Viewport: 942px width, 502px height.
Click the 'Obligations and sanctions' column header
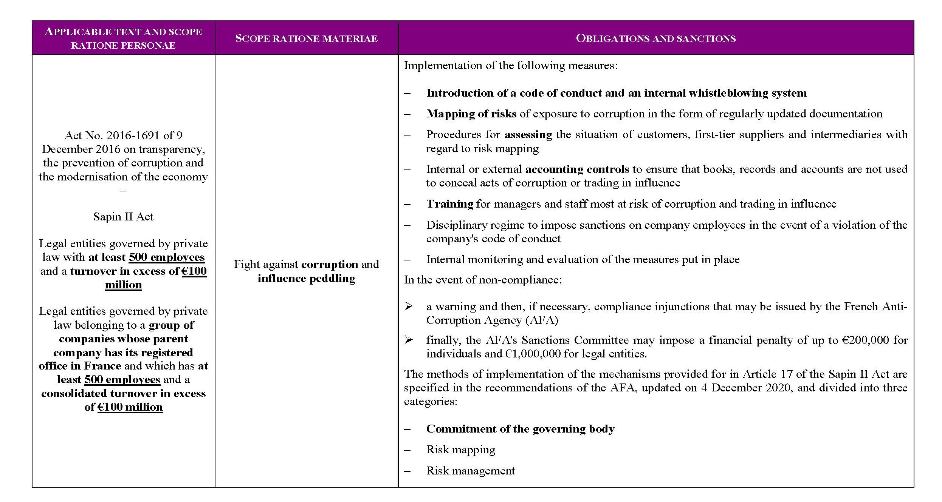pos(655,38)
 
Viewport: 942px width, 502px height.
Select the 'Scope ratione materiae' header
pos(306,38)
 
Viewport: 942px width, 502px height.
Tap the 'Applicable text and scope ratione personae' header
pos(123,38)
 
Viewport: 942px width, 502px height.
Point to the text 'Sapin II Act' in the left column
pos(123,217)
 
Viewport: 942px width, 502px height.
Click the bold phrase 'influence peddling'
pos(306,279)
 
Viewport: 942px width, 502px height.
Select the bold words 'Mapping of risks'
pos(471,114)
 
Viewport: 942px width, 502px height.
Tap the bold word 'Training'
pos(449,204)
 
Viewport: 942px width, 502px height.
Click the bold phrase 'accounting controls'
pos(577,169)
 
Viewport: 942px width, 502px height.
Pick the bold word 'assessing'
pos(528,135)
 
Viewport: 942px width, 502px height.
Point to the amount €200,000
pos(865,340)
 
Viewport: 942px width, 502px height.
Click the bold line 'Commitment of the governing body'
pos(520,429)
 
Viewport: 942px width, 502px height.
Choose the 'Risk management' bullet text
pos(470,471)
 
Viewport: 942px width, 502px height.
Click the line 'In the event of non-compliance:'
pos(482,280)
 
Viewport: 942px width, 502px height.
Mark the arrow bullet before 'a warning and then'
pos(408,306)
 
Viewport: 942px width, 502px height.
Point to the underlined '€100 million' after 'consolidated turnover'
pos(130,407)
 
